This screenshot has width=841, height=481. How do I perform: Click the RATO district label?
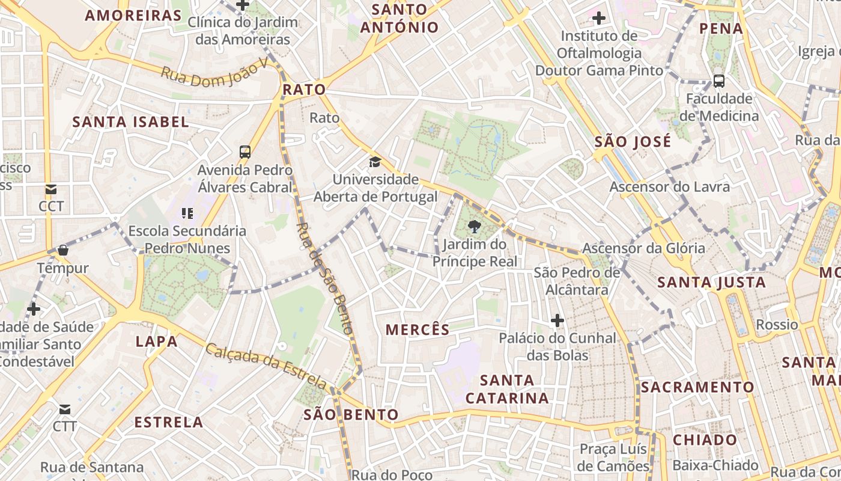(304, 90)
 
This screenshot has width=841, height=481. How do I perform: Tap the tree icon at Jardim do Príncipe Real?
(475, 227)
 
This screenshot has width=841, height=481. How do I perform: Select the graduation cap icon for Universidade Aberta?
(375, 162)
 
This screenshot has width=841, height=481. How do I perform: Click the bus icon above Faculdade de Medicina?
(718, 81)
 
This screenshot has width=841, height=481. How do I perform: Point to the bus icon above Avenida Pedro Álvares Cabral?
(245, 152)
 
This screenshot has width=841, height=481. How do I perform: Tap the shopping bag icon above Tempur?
(62, 250)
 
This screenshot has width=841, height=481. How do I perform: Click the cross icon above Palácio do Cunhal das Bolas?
(557, 320)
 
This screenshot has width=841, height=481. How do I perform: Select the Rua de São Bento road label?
(324, 278)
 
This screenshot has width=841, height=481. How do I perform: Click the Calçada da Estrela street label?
(267, 366)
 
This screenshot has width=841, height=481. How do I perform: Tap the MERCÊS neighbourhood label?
(417, 329)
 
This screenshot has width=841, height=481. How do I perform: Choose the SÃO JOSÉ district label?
(633, 142)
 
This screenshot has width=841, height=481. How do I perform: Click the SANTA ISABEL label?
(130, 122)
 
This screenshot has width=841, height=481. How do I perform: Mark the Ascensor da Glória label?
(643, 248)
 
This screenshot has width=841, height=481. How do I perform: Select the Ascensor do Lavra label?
(670, 187)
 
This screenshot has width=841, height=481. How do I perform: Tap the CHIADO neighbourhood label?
(705, 440)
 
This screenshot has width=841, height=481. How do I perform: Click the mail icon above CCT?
(51, 189)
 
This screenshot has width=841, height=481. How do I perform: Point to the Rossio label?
(777, 325)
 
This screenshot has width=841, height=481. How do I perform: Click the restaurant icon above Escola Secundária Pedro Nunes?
(187, 213)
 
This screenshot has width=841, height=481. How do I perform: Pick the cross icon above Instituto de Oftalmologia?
(599, 18)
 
